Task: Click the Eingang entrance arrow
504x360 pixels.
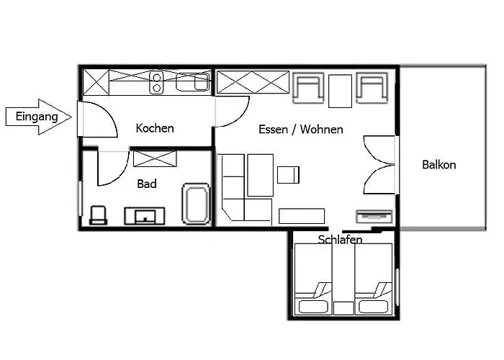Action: pyautogui.click(x=39, y=117)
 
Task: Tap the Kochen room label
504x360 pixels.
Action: pyautogui.click(x=155, y=128)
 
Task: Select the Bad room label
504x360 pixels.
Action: pyautogui.click(x=147, y=184)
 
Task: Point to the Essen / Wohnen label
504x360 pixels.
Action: pyautogui.click(x=300, y=129)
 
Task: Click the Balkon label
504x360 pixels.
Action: pyautogui.click(x=438, y=165)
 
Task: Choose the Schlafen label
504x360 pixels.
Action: pyautogui.click(x=340, y=240)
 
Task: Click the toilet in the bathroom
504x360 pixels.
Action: pyautogui.click(x=98, y=215)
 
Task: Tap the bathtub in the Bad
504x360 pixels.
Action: pyautogui.click(x=196, y=204)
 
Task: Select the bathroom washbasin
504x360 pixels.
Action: pyautogui.click(x=145, y=216)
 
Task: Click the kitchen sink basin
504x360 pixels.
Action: pyautogui.click(x=193, y=82)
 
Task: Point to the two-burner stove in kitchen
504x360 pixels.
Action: pyautogui.click(x=156, y=82)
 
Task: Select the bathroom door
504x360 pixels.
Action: pyautogui.click(x=112, y=168)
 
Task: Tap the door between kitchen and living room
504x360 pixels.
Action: pyautogui.click(x=233, y=112)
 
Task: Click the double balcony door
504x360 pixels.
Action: pyautogui.click(x=379, y=165)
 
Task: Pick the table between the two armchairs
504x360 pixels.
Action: pyautogui.click(x=340, y=91)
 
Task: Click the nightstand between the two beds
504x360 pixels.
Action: pyautogui.click(x=343, y=308)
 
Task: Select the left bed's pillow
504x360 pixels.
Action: pyautogui.click(x=313, y=307)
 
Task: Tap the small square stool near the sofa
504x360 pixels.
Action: pyautogui.click(x=288, y=175)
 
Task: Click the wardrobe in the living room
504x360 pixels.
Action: pyautogui.click(x=253, y=82)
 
